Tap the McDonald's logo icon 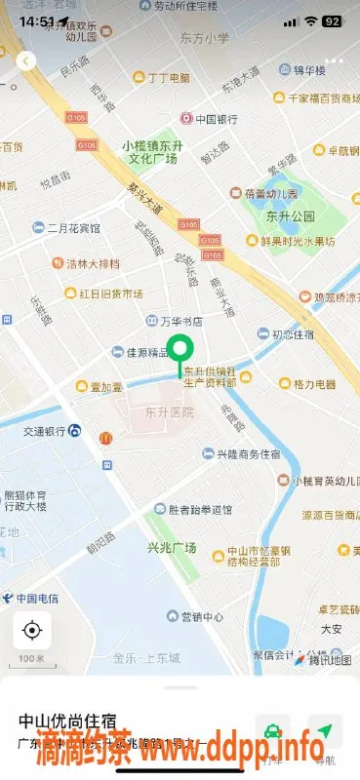105,438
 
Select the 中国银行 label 216,120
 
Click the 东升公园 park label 291,215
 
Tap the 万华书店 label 180,320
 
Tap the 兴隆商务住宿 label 248,454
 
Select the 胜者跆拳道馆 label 200,509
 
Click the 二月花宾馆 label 74,228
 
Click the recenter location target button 31,630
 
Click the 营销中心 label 202,617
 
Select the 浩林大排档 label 93,263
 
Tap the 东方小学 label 205,38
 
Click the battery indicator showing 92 332,20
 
